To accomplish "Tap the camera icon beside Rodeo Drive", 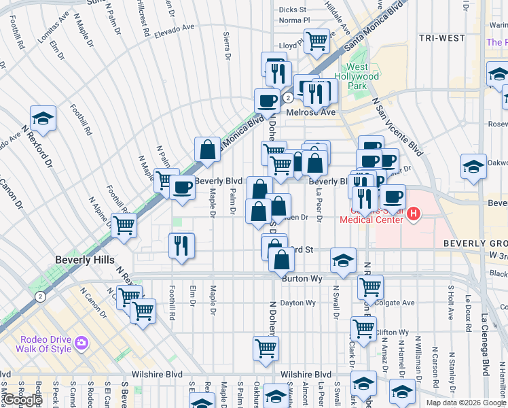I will [81, 343].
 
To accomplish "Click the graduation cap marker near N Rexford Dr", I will [43, 118].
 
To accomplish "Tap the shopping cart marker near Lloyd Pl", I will [316, 41].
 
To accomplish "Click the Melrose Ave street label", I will [311, 112].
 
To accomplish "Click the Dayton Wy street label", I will [299, 303].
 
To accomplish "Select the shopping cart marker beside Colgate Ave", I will [370, 286].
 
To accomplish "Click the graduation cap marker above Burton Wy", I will [343, 260].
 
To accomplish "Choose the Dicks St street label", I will [293, 10].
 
